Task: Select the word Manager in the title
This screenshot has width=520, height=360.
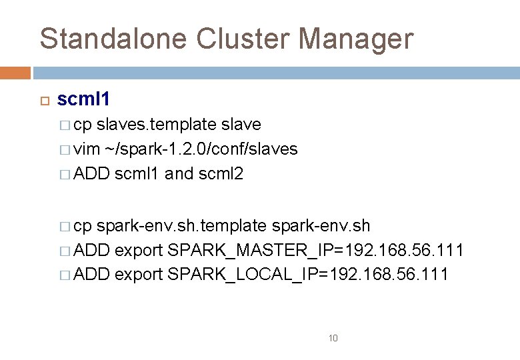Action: [x=356, y=39]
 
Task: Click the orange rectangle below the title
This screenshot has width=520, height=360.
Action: [x=15, y=73]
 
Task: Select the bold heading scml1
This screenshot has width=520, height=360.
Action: [x=83, y=99]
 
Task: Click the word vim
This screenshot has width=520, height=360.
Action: [x=85, y=149]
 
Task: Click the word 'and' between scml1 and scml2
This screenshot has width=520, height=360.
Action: [x=178, y=174]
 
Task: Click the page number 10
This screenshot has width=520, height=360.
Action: [x=333, y=339]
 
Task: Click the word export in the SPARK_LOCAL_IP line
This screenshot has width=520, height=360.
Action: [x=139, y=275]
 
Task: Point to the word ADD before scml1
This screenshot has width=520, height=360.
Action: [x=92, y=174]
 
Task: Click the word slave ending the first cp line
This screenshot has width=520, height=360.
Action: [x=241, y=125]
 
